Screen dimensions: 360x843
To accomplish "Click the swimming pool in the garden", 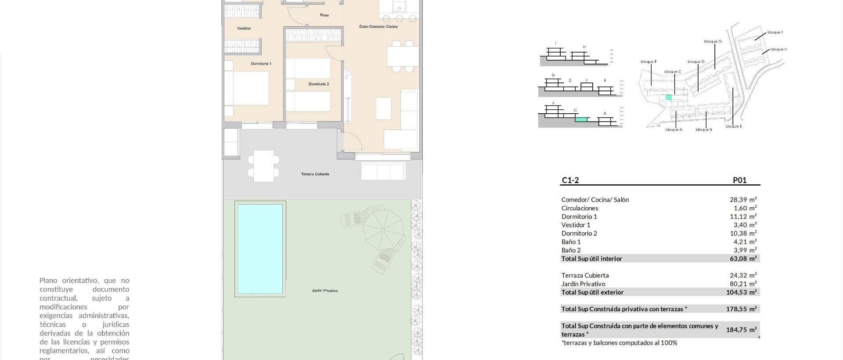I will click(260, 248).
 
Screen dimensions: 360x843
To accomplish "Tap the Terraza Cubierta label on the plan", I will click(315, 174).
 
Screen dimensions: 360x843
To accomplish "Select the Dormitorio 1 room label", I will click(261, 64).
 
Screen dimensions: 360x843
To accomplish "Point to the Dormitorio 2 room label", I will click(318, 84).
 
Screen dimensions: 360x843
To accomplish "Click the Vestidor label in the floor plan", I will click(244, 29).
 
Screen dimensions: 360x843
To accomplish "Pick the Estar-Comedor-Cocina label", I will click(378, 27).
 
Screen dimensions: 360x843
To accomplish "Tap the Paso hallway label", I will click(324, 15).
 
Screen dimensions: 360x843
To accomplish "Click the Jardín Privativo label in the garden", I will click(324, 291).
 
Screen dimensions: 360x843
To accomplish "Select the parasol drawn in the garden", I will click(384, 229).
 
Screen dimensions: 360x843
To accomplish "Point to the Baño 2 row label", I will click(571, 250).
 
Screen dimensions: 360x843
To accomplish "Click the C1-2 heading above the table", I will click(570, 180).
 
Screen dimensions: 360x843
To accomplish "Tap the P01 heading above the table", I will click(739, 180).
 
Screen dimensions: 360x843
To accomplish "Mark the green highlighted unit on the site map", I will click(668, 97).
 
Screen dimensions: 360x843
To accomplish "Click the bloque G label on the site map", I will click(713, 42).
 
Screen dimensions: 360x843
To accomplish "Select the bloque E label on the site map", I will click(734, 126).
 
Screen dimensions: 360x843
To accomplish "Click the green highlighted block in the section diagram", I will click(581, 119).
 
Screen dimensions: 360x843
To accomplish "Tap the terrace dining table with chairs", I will click(263, 166).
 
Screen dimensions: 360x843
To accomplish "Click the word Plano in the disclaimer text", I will click(49, 281).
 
